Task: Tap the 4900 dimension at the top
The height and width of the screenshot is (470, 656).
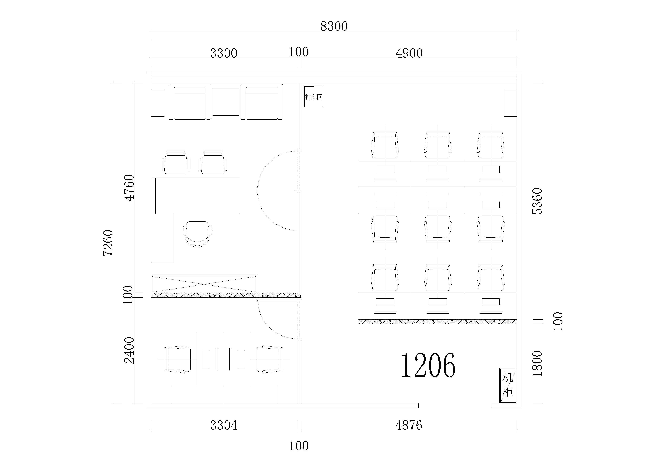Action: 409,53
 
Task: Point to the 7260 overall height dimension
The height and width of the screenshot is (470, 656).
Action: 108,243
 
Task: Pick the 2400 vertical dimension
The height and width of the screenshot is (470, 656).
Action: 129,350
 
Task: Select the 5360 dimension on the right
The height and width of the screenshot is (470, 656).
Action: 537,201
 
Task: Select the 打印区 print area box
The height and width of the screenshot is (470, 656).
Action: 314,97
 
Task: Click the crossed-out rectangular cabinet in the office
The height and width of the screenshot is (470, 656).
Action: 204,284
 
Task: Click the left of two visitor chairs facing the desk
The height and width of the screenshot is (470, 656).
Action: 176,162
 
